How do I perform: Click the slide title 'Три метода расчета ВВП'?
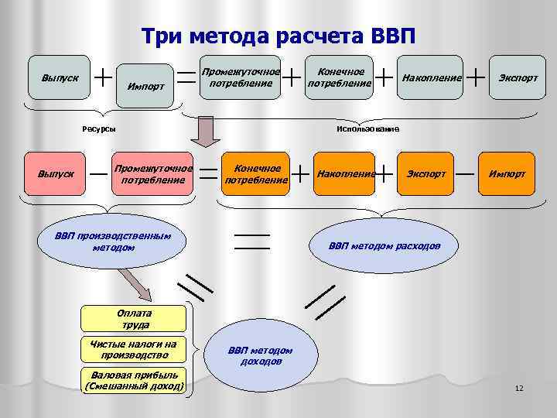[x=278, y=36]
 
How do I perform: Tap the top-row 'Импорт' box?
[x=145, y=85]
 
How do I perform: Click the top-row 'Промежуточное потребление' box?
[x=240, y=77]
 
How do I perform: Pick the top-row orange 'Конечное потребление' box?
[x=339, y=77]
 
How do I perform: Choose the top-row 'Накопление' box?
[x=432, y=77]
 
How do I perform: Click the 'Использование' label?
[x=367, y=129]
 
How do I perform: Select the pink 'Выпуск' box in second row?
[x=55, y=173]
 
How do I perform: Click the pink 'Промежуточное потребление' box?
[x=152, y=173]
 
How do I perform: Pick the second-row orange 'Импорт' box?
[x=506, y=173]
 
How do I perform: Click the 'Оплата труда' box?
[x=135, y=319]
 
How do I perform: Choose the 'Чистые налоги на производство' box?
[x=135, y=350]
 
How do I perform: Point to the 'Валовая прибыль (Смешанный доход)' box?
[x=135, y=380]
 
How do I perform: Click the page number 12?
[x=519, y=387]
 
